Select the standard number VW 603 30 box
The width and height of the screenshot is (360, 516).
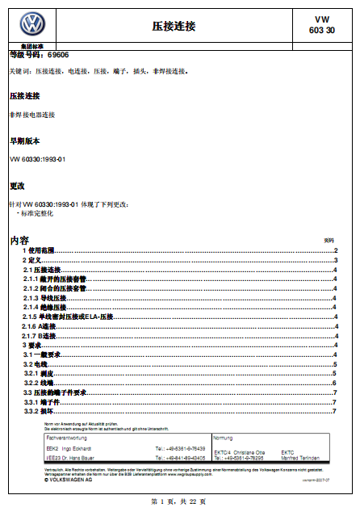pyautogui.click(x=321, y=25)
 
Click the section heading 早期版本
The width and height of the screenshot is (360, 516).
pyautogui.click(x=24, y=141)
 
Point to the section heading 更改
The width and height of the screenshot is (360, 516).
pyautogui.click(x=17, y=186)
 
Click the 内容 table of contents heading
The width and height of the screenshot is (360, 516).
pyautogui.click(x=19, y=241)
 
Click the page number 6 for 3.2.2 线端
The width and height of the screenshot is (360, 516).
pyautogui.click(x=334, y=383)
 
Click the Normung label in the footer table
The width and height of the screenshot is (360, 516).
pyautogui.click(x=224, y=438)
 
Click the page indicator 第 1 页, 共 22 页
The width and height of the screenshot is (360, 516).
pyautogui.click(x=178, y=501)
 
